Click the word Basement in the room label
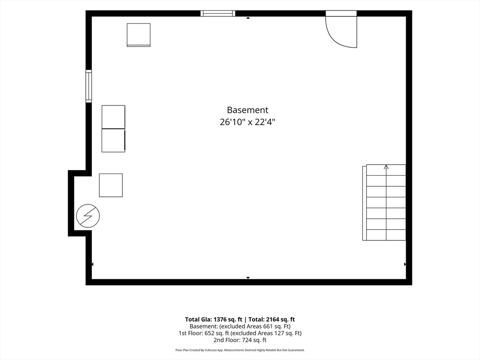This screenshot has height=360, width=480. point(247,110)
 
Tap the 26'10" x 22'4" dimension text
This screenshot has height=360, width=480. point(247,122)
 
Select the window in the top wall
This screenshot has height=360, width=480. point(218,13)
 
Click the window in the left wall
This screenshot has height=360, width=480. point(89,86)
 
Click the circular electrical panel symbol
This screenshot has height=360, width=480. point(88,216)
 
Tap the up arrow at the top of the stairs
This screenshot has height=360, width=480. point(386,167)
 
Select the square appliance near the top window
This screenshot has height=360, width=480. point(139,35)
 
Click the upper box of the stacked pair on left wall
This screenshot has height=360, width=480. point(113,117)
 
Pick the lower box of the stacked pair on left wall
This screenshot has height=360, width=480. point(113,140)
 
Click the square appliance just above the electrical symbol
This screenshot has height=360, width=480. point(111,185)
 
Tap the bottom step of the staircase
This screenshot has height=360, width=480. point(386,235)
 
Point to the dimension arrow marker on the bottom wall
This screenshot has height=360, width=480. point(248,277)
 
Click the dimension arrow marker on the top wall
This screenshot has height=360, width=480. point(248,18)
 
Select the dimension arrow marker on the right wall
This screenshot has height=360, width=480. point(405,264)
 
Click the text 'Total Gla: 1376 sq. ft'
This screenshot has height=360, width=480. point(213,319)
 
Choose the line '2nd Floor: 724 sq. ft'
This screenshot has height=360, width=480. point(240,340)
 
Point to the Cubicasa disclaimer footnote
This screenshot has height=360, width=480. point(240,350)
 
